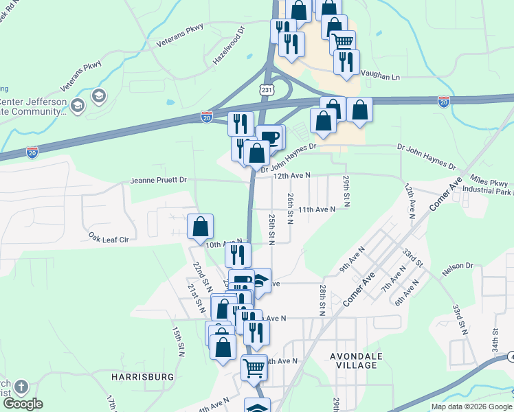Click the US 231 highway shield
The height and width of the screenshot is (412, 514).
coord(267,90)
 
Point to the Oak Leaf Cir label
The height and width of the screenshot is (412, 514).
coord(109,237)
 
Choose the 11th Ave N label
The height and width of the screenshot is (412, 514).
coord(316,209)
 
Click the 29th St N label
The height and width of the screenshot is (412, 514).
coord(347,191)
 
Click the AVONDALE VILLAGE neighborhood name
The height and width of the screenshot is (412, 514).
coord(354,360)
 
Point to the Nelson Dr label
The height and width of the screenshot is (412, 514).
coord(458,265)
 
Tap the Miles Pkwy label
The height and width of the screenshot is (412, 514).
coord(490,182)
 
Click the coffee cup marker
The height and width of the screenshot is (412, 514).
coord(269,137)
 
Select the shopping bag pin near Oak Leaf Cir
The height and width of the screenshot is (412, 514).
coord(200,227)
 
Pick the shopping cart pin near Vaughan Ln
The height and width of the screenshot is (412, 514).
coord(342,43)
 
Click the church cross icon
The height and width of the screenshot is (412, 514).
coord(21,387)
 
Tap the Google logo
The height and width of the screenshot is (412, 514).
coord(23,404)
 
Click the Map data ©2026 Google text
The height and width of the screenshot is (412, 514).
coord(471,407)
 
